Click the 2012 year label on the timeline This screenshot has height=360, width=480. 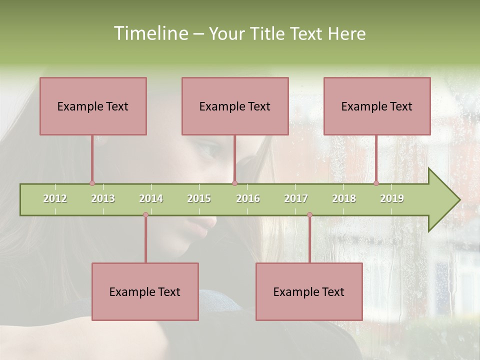(55, 198)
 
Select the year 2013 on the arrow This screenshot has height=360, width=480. (103, 198)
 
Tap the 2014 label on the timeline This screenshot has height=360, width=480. (151, 198)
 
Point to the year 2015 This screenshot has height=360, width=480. (199, 198)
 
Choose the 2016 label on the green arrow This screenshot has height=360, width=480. (248, 198)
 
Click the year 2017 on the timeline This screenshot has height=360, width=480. (296, 198)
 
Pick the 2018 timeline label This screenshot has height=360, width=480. (344, 198)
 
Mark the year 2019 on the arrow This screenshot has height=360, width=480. (392, 198)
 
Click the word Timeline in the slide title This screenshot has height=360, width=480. (150, 33)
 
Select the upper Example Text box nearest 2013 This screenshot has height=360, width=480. (93, 106)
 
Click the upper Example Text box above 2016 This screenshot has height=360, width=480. (235, 106)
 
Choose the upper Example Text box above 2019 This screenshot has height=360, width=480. (377, 106)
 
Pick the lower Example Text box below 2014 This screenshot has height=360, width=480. (145, 292)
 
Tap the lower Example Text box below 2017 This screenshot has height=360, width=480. (309, 292)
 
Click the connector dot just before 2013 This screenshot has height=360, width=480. (92, 183)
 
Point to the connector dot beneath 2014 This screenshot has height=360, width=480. (145, 215)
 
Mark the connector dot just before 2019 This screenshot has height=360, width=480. (376, 183)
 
